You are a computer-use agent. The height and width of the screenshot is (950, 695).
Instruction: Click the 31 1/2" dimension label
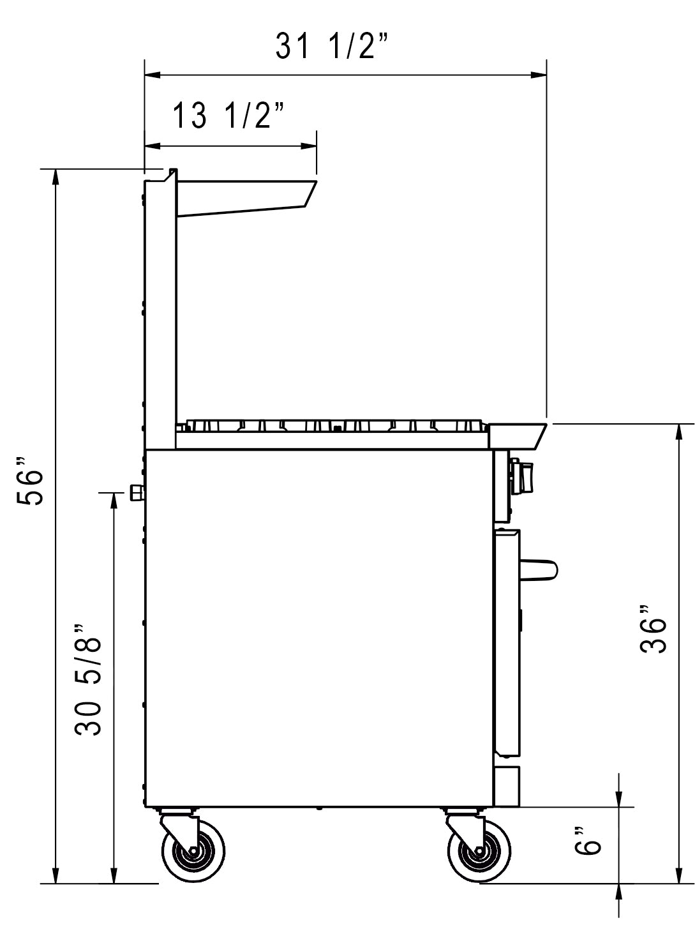pos(333,47)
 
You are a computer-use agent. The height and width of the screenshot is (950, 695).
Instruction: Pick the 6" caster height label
pos(588,840)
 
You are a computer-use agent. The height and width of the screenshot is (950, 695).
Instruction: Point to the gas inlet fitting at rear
pos(137,492)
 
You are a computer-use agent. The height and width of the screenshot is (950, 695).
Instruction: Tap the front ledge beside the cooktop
pos(517,435)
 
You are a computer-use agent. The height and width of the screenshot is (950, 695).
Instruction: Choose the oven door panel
pos(507,642)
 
